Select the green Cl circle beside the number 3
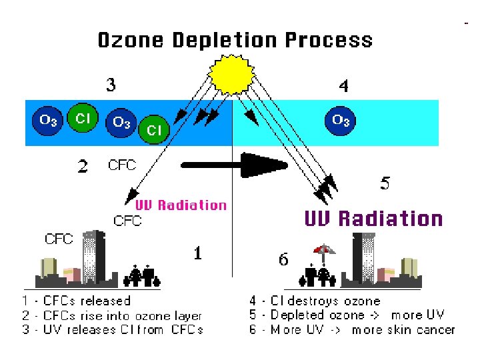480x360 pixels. [83, 118]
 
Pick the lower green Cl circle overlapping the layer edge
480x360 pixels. [154, 131]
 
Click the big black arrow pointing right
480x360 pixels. [240, 164]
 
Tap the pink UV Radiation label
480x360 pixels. [181, 205]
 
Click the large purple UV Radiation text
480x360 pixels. [373, 218]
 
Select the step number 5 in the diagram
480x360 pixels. [385, 183]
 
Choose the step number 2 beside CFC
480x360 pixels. [83, 166]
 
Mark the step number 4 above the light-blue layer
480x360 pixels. [343, 86]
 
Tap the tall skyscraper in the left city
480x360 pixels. [93, 257]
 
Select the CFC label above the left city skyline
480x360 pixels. [59, 239]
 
